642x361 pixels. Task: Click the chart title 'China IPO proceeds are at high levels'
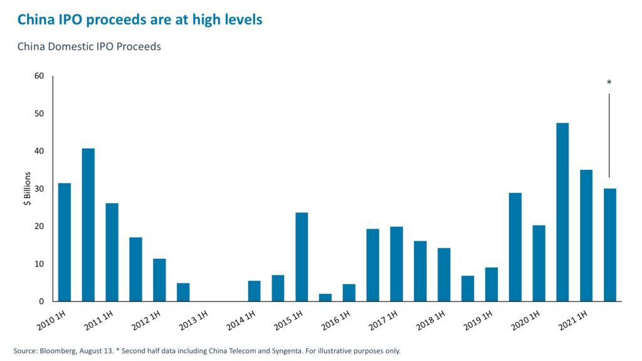click(x=139, y=20)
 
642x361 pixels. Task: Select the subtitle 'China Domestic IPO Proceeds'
click(x=89, y=47)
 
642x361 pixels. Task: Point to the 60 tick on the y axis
click(x=39, y=76)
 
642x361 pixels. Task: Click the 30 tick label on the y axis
click(x=39, y=189)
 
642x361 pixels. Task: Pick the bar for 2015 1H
click(x=302, y=257)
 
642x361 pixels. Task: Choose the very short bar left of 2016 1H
click(x=325, y=297)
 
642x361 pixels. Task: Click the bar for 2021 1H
click(x=586, y=235)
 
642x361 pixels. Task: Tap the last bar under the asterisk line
click(x=609, y=244)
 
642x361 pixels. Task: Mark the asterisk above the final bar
click(x=609, y=83)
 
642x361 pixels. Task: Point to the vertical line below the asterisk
click(x=609, y=135)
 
